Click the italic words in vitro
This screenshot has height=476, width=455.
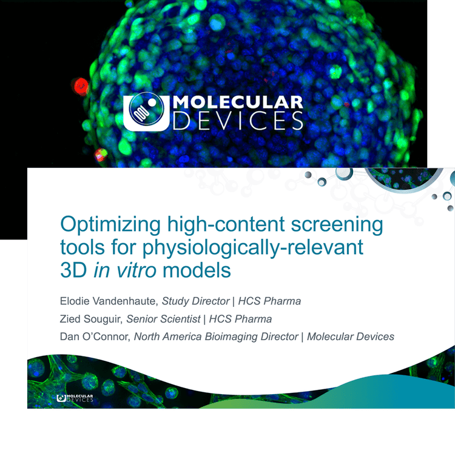click(x=125, y=270)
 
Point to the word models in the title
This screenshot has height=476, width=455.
click(x=197, y=270)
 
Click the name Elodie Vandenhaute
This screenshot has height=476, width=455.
click(x=109, y=301)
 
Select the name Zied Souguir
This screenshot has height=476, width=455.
click(x=91, y=319)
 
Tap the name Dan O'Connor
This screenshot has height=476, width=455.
click(x=95, y=337)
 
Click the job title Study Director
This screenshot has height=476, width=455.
click(x=195, y=301)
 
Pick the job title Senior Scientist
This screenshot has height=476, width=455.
click(x=163, y=319)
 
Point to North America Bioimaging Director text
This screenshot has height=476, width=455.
click(x=216, y=337)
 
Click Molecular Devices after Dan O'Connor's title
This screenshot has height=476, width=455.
click(x=351, y=337)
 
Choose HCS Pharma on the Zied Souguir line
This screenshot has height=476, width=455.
click(x=240, y=319)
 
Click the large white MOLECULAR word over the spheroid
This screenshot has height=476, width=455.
click(x=238, y=102)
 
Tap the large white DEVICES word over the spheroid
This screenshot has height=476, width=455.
click(x=238, y=121)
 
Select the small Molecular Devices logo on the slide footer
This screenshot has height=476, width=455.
click(x=75, y=398)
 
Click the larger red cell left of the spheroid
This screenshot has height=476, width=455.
click(x=81, y=86)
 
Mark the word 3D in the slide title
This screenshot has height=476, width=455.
click(x=73, y=270)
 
